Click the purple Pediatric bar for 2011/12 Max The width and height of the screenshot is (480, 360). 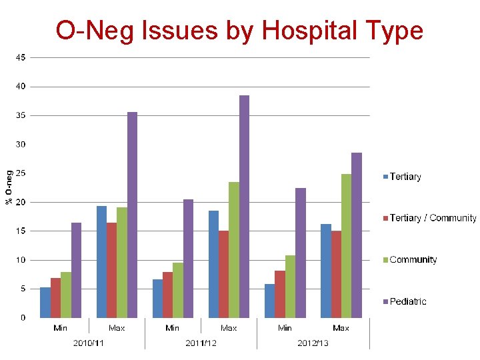(244, 207)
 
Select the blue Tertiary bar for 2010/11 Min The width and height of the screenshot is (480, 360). (45, 302)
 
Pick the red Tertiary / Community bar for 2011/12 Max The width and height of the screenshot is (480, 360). (223, 274)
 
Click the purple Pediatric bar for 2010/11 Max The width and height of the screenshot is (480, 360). (132, 215)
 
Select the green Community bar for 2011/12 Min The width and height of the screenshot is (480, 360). (177, 290)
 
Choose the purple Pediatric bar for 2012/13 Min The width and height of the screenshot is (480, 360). (301, 253)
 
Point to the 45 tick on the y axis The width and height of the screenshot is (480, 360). (21, 57)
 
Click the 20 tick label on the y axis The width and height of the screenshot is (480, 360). (21, 202)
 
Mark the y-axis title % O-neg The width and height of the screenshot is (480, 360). (9, 187)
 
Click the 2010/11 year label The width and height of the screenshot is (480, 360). (88, 343)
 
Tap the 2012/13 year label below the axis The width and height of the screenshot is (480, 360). (313, 343)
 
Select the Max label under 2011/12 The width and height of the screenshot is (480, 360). (229, 328)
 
